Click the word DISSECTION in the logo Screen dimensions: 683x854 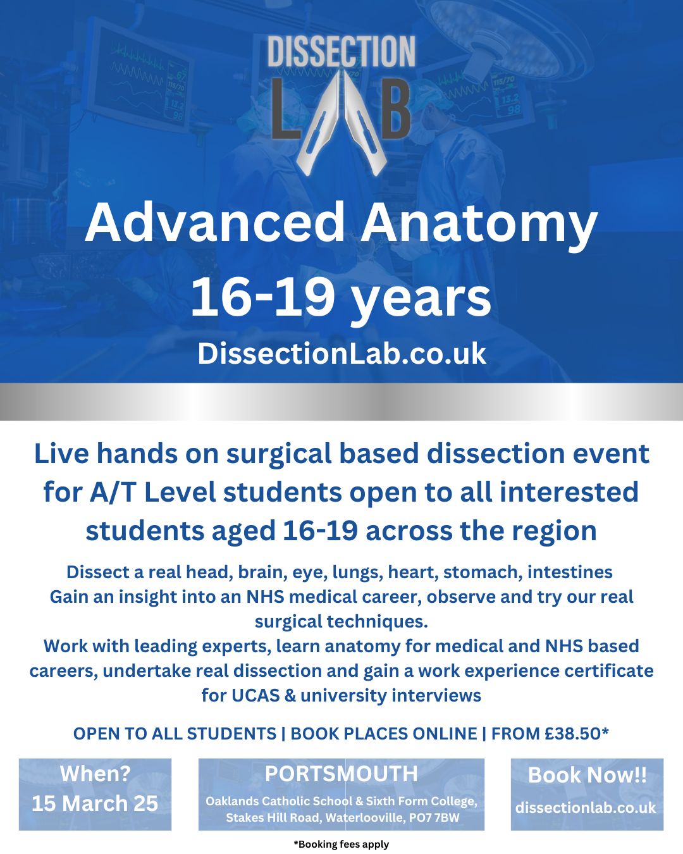coord(341,52)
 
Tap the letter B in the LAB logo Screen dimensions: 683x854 coord(390,111)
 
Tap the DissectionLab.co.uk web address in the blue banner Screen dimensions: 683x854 coord(341,354)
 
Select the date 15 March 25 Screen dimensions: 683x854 coord(95,803)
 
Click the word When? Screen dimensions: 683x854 coord(95,774)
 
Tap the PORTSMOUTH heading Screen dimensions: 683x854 coord(341,774)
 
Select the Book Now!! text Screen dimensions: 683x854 coord(587,775)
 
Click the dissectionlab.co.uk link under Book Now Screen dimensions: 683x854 coord(586,808)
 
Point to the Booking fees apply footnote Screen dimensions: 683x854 coord(341,844)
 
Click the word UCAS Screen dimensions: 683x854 coord(255,696)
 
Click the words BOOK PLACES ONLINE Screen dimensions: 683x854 coord(384,734)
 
